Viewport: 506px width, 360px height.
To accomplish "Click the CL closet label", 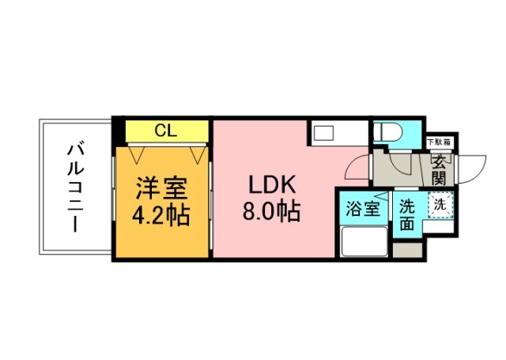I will [x=165, y=130].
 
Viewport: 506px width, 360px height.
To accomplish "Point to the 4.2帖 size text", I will [x=161, y=215].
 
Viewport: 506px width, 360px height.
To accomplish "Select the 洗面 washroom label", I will [x=406, y=214].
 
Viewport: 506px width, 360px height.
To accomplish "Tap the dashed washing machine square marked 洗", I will [x=440, y=203].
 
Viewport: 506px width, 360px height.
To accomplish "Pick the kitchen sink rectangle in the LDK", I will [x=324, y=132].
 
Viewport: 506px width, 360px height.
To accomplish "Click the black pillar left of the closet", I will [x=118, y=130].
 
